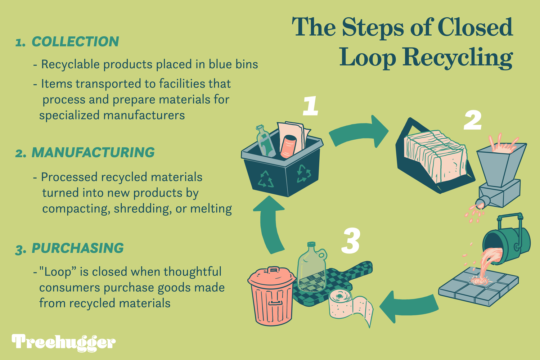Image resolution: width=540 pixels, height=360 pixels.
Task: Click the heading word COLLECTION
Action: pos(75,42)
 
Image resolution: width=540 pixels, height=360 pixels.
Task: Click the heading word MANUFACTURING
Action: pos(93,153)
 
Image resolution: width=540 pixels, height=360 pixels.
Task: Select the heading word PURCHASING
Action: pos(78,248)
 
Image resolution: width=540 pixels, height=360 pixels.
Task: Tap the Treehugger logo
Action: pos(63,342)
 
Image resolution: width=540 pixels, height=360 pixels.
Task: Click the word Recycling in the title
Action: pos(457,58)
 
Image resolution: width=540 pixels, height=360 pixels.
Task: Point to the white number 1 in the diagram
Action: pos(310,106)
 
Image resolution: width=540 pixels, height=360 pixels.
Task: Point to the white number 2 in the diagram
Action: pos(472,120)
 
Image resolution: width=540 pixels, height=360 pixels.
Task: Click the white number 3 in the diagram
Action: pos(351,240)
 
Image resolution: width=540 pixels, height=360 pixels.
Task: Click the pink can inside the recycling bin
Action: pos(288,146)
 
